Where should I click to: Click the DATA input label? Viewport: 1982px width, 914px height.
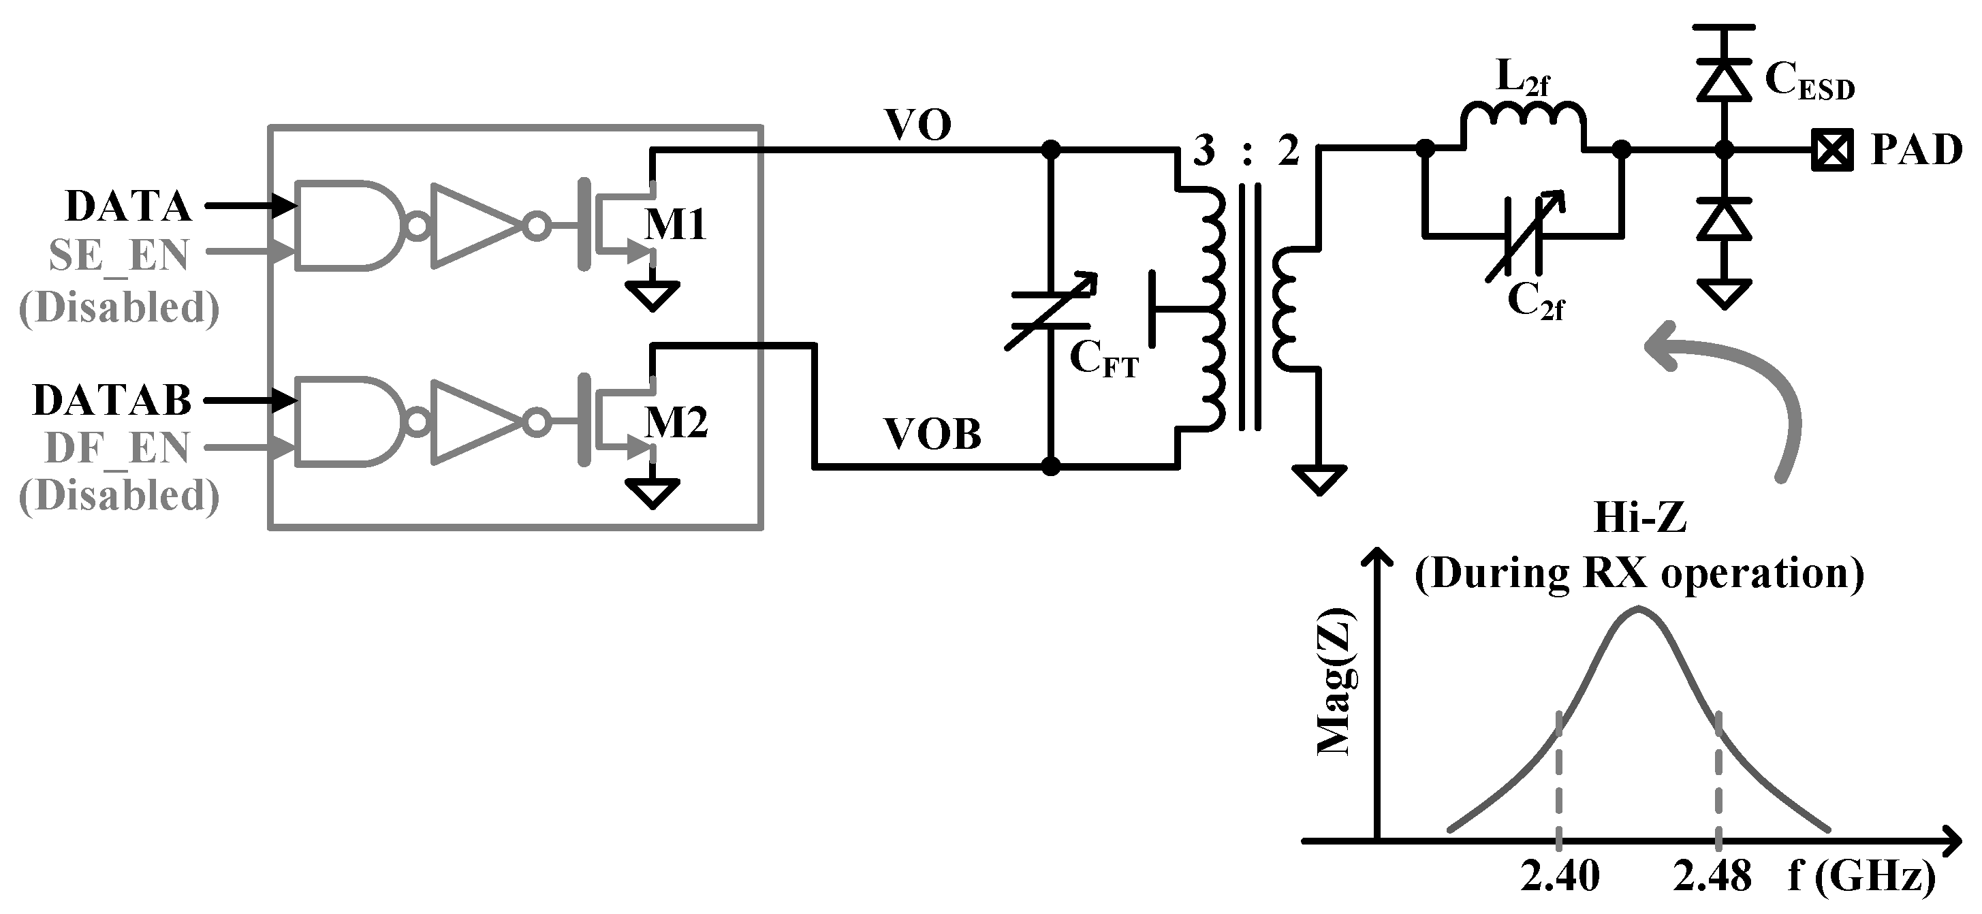[x=128, y=206]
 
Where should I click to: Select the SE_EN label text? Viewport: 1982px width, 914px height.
[x=119, y=255]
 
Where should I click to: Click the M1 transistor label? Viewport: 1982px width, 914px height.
[x=676, y=225]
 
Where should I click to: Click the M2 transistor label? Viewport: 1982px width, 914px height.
[x=676, y=422]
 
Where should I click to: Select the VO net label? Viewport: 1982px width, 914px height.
[x=918, y=125]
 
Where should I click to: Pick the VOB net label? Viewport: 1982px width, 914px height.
[x=932, y=435]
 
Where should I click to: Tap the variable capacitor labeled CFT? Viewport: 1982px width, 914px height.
[x=1050, y=312]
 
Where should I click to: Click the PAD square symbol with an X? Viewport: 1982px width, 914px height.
[x=1831, y=151]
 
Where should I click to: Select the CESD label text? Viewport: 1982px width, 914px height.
[x=1809, y=82]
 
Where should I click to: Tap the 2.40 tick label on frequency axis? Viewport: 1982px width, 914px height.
[x=1560, y=876]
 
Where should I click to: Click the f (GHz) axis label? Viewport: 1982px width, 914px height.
[x=1861, y=876]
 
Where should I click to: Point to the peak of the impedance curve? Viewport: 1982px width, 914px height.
[x=1639, y=610]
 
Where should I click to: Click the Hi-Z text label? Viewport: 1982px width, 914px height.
[x=1639, y=518]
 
